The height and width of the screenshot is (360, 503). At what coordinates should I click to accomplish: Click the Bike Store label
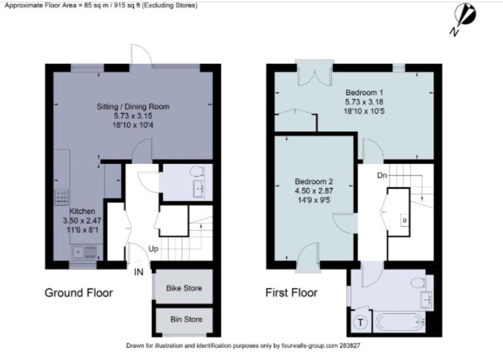tap(184, 288)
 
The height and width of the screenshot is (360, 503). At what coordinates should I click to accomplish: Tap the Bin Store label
tap(187, 319)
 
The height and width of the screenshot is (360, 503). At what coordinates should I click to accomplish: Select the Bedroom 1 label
tap(364, 93)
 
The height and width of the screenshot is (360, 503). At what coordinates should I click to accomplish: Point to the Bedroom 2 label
tap(314, 181)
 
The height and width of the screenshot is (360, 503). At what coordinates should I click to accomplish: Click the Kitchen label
tap(82, 211)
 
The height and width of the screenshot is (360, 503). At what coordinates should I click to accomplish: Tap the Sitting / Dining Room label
tap(133, 106)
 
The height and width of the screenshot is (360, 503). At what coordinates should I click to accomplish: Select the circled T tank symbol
tap(360, 323)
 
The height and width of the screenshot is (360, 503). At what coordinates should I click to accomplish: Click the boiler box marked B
tap(404, 220)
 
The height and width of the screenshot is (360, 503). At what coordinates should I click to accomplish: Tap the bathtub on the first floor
tap(399, 322)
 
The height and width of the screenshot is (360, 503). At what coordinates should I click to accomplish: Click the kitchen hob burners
tap(62, 197)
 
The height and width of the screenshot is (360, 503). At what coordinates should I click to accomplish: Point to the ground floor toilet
tap(197, 171)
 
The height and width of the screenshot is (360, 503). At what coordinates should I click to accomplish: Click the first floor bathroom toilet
tap(418, 283)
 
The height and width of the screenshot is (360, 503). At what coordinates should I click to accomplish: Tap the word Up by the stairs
tap(153, 249)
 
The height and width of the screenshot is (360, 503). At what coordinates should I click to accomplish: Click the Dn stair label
tap(382, 175)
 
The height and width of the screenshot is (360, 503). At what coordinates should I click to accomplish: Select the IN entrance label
tap(139, 272)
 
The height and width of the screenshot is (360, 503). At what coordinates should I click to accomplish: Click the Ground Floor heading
tap(79, 293)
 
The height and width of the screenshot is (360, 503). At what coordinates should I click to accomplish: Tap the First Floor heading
tap(291, 293)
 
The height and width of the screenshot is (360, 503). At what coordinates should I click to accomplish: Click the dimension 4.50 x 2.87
tap(314, 191)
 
